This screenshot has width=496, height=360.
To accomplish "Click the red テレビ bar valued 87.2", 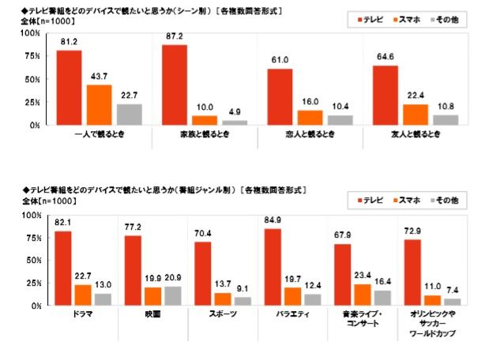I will pos(175,84).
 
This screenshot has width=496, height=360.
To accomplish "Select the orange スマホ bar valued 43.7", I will pos(99,104).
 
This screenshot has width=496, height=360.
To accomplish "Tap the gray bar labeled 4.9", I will pos(234,122).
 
